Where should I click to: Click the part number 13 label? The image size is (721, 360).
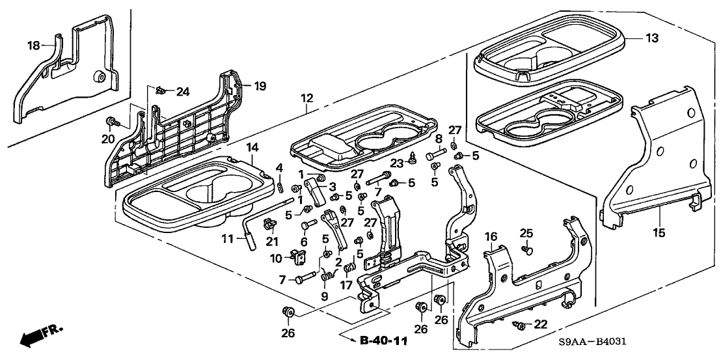652,39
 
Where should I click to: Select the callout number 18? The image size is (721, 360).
33,45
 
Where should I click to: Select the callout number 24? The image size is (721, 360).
184,91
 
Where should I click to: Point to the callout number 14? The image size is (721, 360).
251,148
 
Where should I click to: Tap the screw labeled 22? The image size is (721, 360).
519,324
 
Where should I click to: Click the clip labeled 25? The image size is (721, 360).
528,248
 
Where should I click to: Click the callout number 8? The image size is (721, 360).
439,138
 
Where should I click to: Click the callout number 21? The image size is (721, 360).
271,242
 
